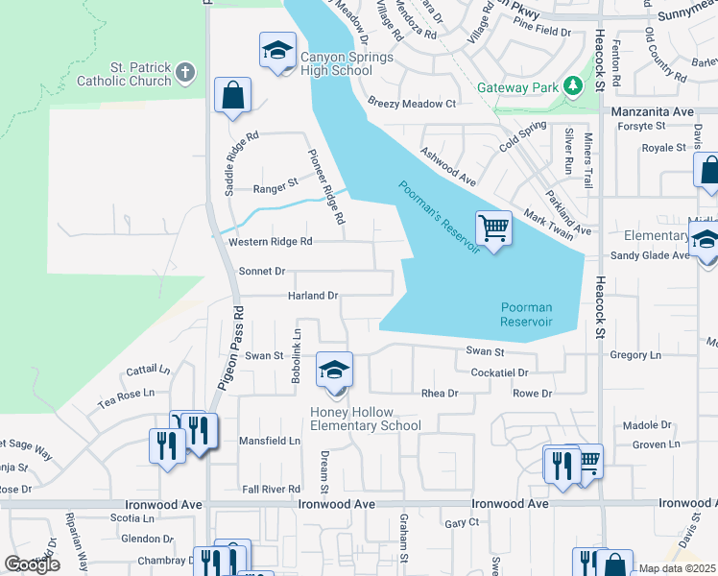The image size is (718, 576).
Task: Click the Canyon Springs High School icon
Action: point(277,50)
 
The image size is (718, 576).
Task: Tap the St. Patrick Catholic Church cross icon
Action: point(185,71)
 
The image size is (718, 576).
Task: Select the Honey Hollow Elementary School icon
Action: point(334,371)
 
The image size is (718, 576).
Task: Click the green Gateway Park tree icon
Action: point(573,86)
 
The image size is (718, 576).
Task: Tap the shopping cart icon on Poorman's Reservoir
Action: point(493,228)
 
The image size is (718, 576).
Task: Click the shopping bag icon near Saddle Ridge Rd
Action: point(232,95)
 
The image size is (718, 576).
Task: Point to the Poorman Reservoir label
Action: point(527,314)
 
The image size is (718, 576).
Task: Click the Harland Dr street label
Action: point(313,296)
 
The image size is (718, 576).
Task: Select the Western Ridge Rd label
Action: point(271,242)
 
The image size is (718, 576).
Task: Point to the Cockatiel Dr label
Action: point(499,372)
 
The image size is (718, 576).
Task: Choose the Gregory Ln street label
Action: point(635,355)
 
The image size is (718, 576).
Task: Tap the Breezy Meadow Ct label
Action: point(412,104)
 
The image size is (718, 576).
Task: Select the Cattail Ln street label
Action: point(148,370)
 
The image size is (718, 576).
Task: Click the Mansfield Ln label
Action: point(269,442)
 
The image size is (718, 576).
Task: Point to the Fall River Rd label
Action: point(272,489)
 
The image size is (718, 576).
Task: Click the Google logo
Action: point(32,564)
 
